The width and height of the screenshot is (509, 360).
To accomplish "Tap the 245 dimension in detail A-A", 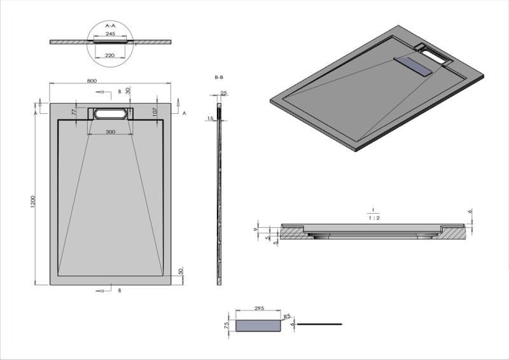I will (110, 33).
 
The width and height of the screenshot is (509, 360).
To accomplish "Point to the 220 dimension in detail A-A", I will (110, 55).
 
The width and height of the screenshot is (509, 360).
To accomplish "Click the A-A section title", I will (110, 25).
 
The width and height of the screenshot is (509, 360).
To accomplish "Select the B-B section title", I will (219, 77).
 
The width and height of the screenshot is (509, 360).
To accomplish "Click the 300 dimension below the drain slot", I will (110, 132).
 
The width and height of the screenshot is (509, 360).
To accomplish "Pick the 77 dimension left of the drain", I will (74, 112).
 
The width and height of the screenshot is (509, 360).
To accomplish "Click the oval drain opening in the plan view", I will (111, 114).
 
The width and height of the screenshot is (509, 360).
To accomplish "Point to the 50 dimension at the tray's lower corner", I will (181, 271).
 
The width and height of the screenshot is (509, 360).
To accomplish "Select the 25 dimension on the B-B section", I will (223, 93).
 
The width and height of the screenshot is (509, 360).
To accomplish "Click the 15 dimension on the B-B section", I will (209, 118).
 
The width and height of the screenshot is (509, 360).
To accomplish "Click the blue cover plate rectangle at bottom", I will (258, 325).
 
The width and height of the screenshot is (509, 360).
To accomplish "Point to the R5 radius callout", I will (286, 315).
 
